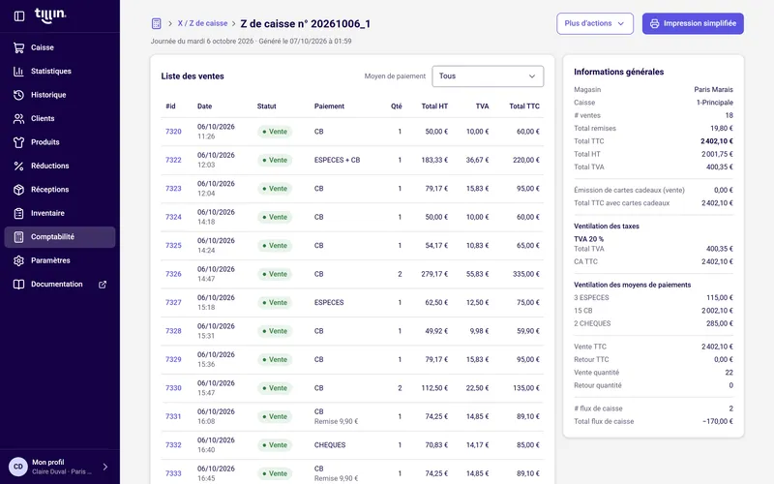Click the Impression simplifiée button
pos(693,23)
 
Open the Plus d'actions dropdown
pos(595,23)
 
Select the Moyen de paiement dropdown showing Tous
pos(488,76)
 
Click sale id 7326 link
pos(173,274)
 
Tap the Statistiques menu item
pos(51,71)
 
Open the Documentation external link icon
pos(103,285)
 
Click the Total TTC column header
pos(524,106)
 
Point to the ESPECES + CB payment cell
pos(337,160)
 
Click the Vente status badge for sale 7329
pos(275,359)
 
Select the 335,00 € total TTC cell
pos(525,274)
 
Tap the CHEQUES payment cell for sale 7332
pos(330,445)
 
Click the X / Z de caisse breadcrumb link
pos(202,23)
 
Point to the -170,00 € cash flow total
pos(718,421)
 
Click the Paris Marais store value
pos(713,89)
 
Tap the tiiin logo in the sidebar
pos(50,15)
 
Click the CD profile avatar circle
pos(18,467)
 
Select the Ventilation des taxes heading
pos(607,227)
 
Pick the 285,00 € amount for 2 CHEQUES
pos(720,323)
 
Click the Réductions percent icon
pos(18,166)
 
